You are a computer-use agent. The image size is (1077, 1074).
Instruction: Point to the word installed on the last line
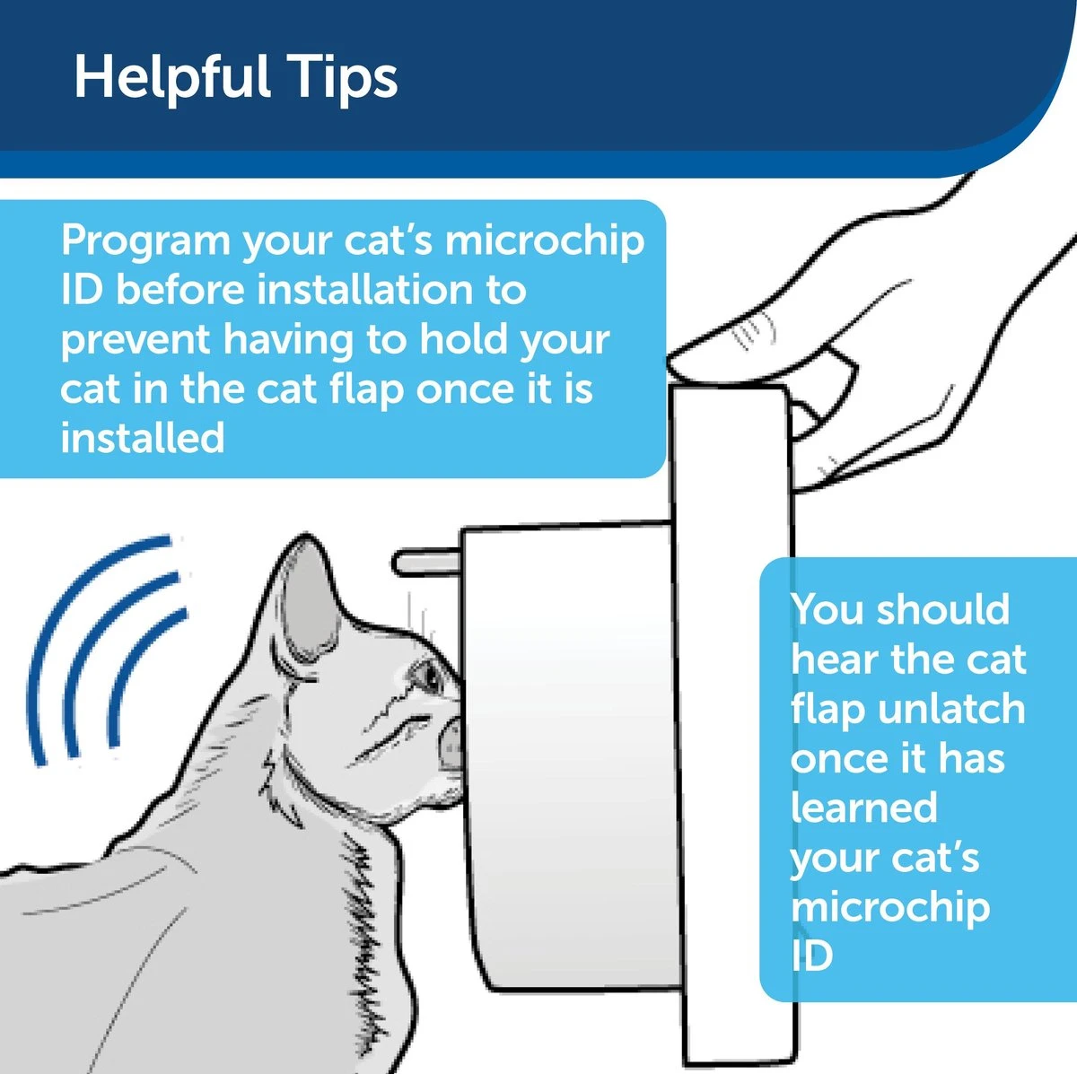pyautogui.click(x=142, y=438)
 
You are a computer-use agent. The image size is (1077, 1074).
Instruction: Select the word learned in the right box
pyautogui.click(x=863, y=808)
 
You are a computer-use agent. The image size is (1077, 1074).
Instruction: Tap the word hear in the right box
pyautogui.click(x=833, y=659)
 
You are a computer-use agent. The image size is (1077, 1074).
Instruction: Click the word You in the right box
pyautogui.click(x=826, y=609)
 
